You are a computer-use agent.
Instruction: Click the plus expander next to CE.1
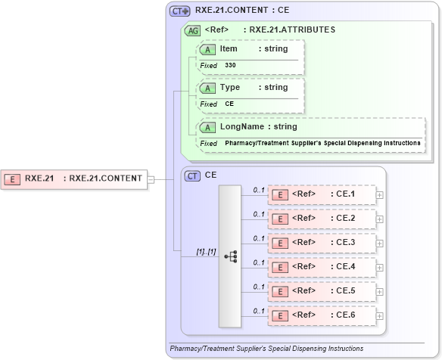379,194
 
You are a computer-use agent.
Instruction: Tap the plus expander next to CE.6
379,315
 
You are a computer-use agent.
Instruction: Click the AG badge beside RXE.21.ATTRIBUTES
192,30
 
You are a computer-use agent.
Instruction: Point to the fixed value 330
230,66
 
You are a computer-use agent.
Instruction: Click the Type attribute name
230,88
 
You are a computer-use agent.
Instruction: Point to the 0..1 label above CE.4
258,262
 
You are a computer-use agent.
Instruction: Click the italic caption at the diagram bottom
266,349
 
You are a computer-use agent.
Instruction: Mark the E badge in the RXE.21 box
13,179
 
